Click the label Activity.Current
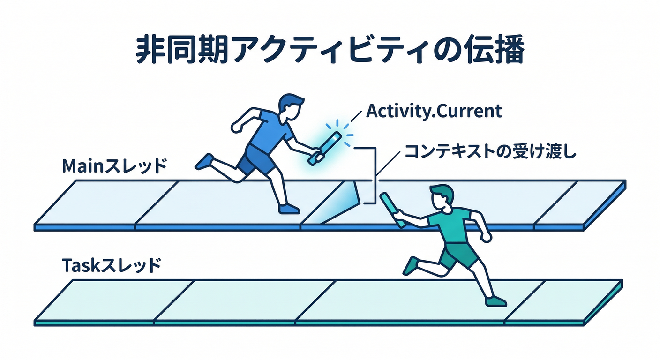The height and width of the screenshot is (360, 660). tap(434, 112)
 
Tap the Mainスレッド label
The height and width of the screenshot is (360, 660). tap(114, 166)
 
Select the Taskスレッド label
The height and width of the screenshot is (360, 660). tap(112, 265)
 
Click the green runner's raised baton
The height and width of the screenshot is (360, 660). tap(391, 210)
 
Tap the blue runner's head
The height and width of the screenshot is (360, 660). tap(291, 107)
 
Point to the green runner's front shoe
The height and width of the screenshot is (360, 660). tap(496, 301)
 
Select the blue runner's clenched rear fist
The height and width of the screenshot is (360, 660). tap(237, 127)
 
